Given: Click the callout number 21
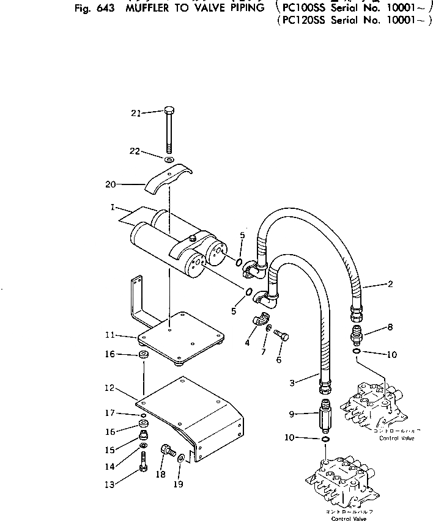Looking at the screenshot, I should tap(135, 112).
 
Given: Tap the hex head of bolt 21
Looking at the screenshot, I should tap(169, 111).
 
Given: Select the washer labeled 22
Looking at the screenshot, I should tap(170, 160).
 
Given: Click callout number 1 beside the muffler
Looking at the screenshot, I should tap(114, 207).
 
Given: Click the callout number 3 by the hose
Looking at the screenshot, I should tap(292, 383).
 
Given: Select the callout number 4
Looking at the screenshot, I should tap(247, 343).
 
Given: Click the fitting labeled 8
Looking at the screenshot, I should tap(357, 335).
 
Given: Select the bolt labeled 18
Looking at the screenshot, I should tap(165, 453).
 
